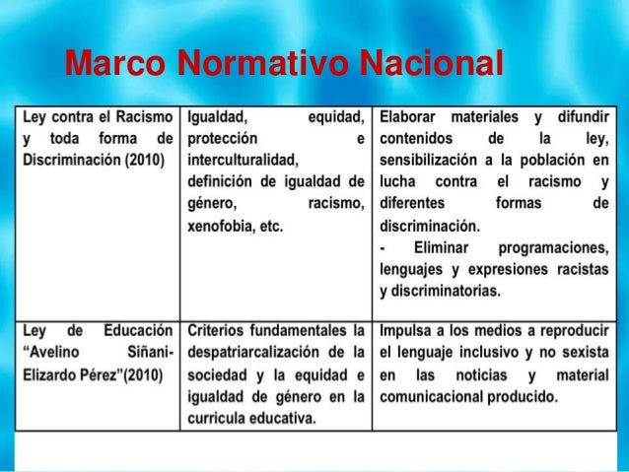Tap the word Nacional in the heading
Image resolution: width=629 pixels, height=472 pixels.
[x=430, y=64]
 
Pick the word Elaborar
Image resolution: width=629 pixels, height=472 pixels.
[x=409, y=114]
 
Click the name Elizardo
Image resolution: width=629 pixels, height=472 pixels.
[x=57, y=375]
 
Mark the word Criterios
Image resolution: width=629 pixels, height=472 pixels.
[x=219, y=330]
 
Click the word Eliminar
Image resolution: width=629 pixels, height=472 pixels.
[x=438, y=247]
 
